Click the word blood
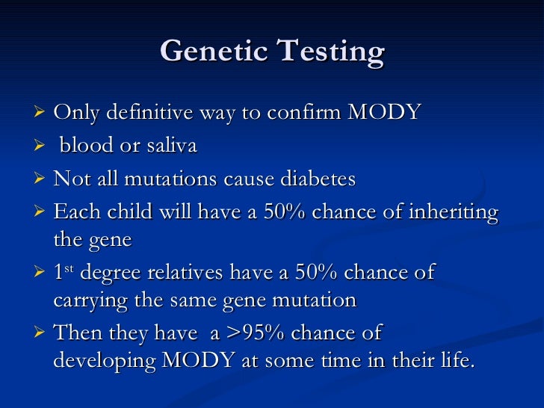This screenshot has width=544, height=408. point(87,146)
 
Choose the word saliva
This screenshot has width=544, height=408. point(170,146)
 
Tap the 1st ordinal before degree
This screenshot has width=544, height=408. point(62,272)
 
